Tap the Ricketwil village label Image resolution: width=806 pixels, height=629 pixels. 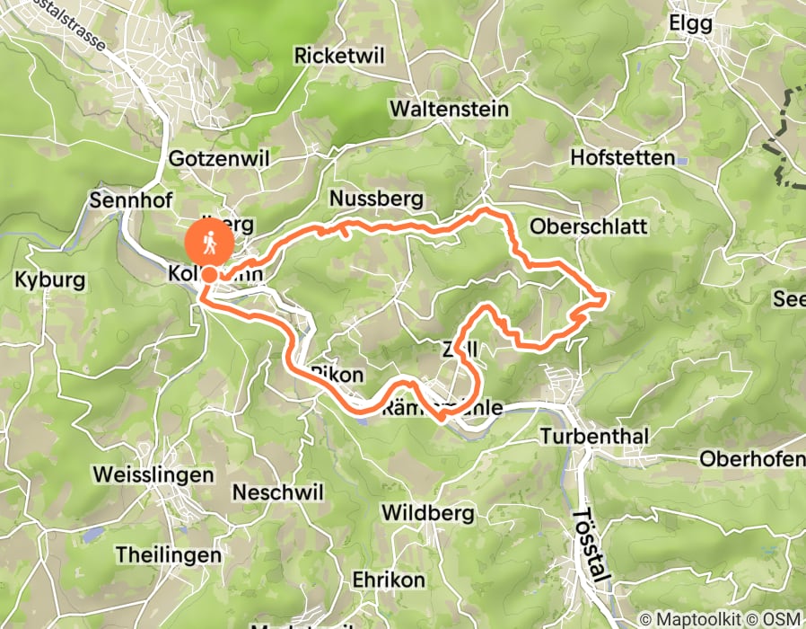[x=339, y=56]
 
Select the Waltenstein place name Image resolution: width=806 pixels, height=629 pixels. [x=449, y=109]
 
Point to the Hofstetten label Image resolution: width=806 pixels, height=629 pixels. [x=622, y=158]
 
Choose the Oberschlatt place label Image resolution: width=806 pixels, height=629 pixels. [x=589, y=226]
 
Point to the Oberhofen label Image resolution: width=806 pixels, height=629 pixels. [x=752, y=458]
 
